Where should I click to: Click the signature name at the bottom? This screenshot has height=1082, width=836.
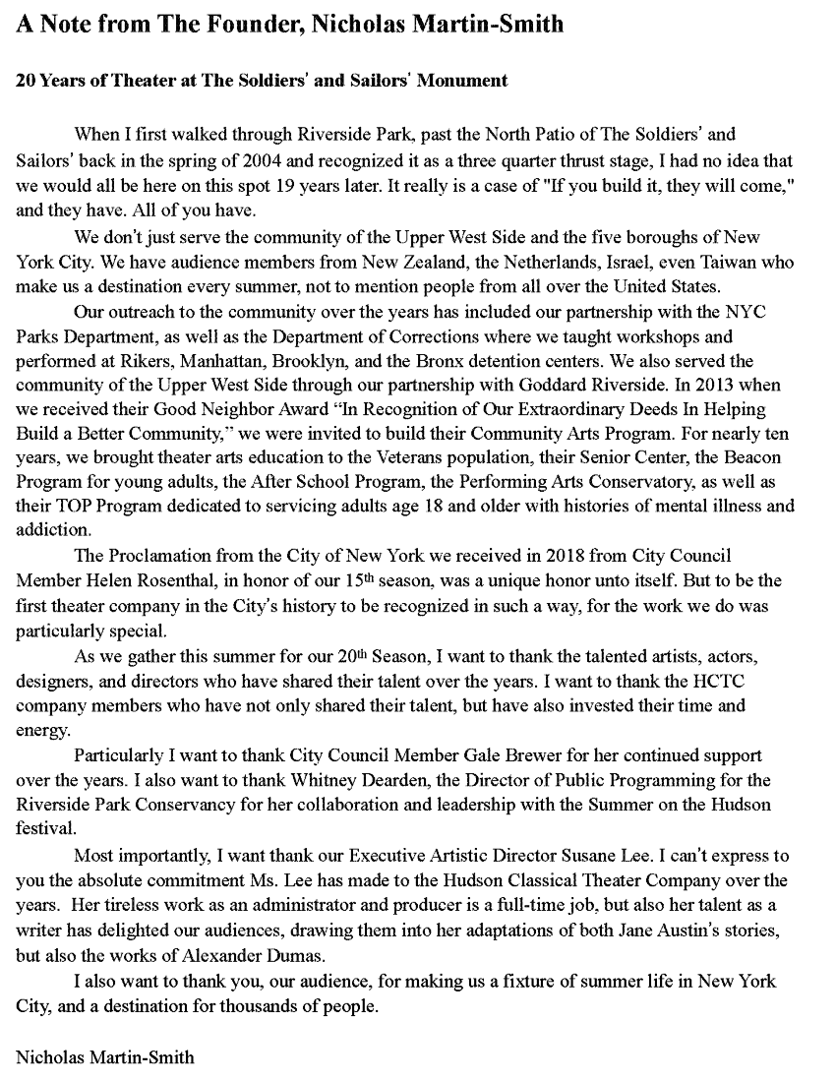coord(105,1057)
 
